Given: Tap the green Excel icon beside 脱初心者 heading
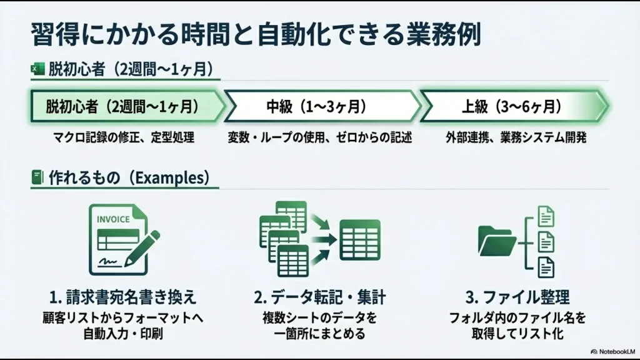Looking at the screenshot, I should coord(37,69).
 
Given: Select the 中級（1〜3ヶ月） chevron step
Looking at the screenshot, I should coord(321,106).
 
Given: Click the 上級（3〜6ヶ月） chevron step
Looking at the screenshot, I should coord(511,106).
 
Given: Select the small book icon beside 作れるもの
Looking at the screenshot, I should coord(37,178).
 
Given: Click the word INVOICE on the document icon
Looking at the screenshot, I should coord(113,219).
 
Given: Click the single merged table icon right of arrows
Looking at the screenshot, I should coord(359,240).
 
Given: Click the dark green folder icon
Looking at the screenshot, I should coord(496,240).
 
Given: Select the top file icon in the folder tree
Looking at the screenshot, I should coord(546,216).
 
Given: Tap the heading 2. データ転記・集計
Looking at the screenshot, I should coord(319,296).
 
